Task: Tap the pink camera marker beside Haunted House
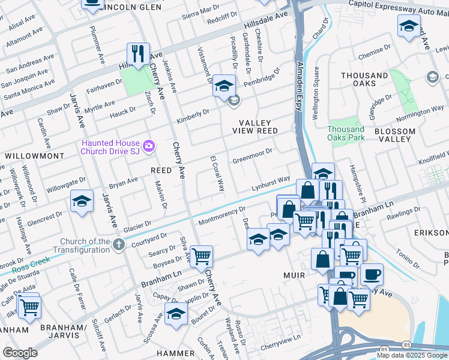(x=148, y=146)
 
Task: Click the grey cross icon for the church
(x=119, y=244)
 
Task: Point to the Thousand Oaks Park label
(x=346, y=133)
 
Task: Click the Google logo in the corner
(x=20, y=353)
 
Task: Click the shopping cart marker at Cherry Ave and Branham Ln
(x=201, y=256)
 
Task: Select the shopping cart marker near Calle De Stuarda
(x=29, y=307)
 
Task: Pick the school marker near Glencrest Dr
(x=82, y=202)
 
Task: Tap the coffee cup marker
(x=371, y=274)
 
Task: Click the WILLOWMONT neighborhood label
(x=34, y=155)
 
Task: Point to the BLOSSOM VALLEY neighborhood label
(x=394, y=135)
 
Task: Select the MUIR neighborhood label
(x=294, y=275)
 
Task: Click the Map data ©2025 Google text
(x=411, y=355)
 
